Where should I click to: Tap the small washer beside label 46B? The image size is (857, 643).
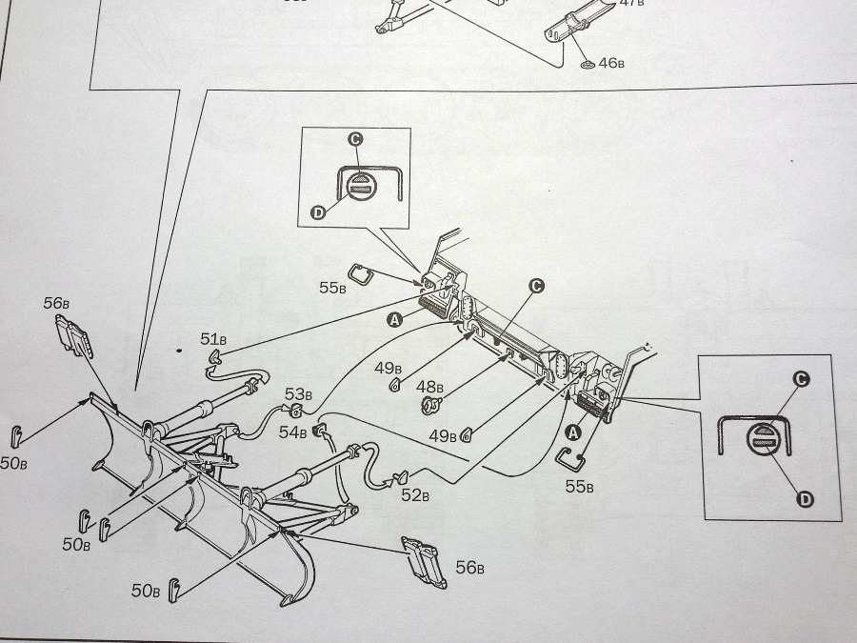click(x=587, y=65)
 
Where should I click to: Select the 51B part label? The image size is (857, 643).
click(x=214, y=338)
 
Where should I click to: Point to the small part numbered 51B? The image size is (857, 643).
click(x=215, y=358)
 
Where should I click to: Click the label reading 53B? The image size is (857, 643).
click(x=297, y=394)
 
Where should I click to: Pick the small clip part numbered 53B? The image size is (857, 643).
click(x=295, y=412)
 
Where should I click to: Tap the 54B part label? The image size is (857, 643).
click(x=292, y=432)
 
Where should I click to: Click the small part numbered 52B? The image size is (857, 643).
click(x=401, y=476)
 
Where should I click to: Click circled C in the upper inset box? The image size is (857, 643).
click(x=354, y=139)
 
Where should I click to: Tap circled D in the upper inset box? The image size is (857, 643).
click(x=318, y=211)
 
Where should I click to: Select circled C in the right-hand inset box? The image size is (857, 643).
click(x=802, y=379)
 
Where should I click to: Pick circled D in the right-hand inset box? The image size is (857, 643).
click(x=805, y=499)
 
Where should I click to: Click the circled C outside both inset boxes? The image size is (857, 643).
click(x=536, y=286)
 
